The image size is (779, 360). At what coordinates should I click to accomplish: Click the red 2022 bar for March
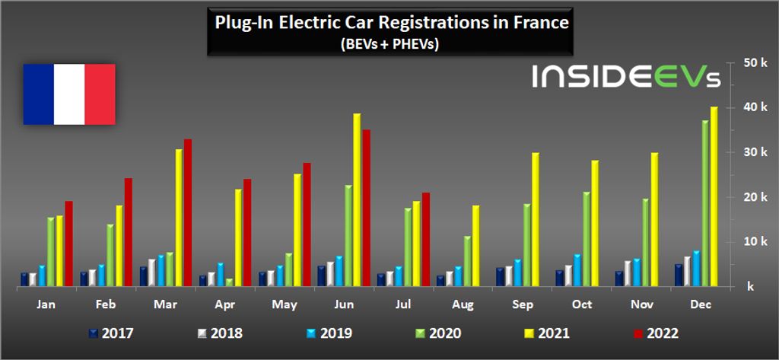coord(188,213)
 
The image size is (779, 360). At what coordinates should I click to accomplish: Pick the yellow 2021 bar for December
coord(714,197)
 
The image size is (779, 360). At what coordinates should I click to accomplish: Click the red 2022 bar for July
coord(426,240)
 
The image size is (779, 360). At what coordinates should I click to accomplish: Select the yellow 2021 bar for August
coord(476,246)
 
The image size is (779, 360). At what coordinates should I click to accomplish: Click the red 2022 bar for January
coord(68,244)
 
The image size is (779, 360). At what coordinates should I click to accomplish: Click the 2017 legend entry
coord(110,333)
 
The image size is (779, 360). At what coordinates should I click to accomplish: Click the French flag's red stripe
coord(100,94)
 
